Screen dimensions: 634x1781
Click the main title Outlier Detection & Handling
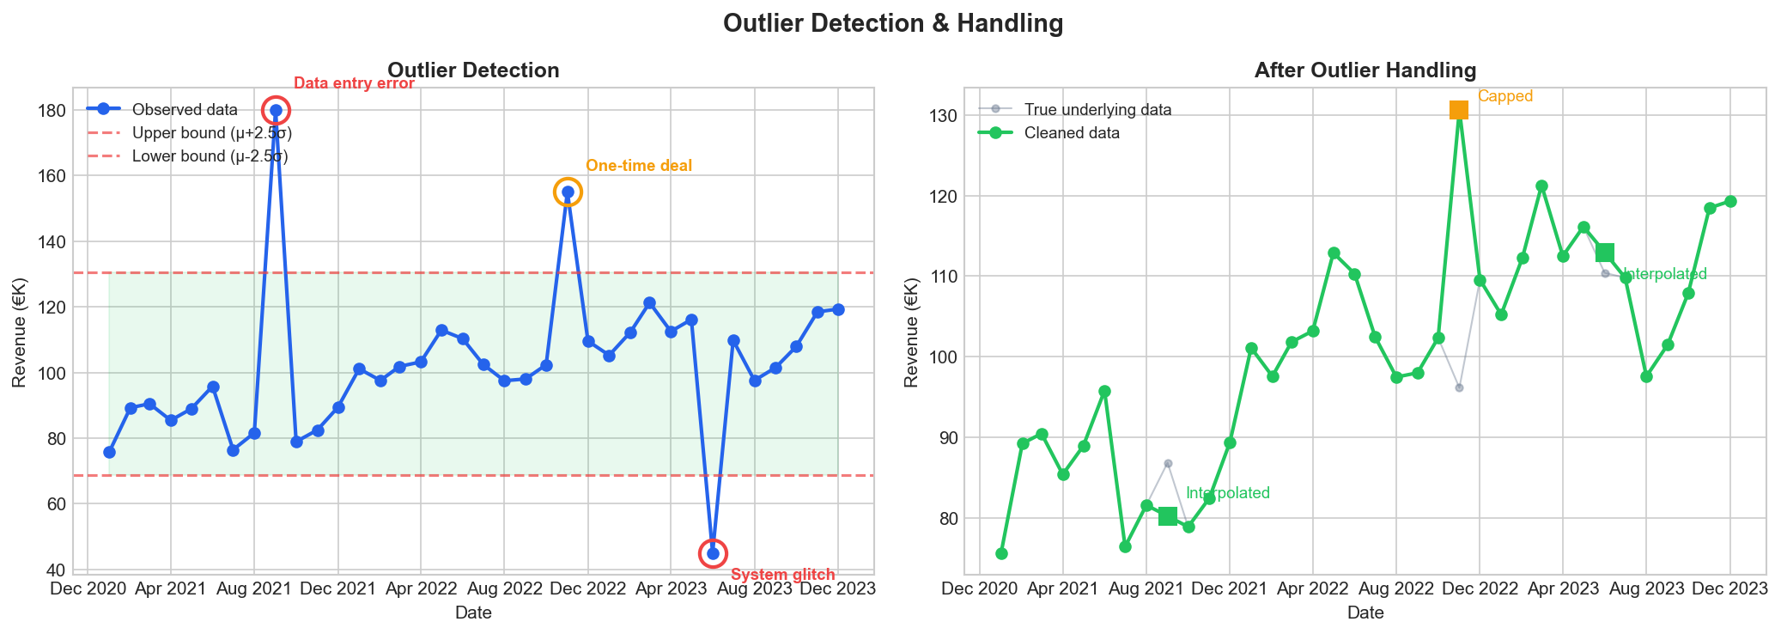point(893,23)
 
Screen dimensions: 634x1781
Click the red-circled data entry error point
point(276,110)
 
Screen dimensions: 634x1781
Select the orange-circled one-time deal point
point(568,192)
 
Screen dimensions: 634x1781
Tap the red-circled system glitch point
point(713,553)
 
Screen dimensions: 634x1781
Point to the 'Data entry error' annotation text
point(354,83)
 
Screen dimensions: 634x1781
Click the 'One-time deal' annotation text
point(639,166)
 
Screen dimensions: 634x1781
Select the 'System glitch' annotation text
point(782,575)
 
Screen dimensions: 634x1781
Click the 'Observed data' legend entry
point(185,109)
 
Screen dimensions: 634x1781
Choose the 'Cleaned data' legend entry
point(1072,133)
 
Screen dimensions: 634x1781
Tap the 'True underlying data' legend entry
point(1097,110)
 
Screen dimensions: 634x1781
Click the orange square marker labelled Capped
point(1459,110)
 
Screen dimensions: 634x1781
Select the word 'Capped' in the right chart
point(1505,96)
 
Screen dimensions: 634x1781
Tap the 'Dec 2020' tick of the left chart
point(88,588)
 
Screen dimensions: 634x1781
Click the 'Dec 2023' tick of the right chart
point(1730,588)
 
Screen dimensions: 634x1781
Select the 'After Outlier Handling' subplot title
point(1365,70)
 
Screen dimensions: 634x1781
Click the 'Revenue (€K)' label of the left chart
point(19,332)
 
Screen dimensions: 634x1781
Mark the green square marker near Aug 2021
point(1168,516)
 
